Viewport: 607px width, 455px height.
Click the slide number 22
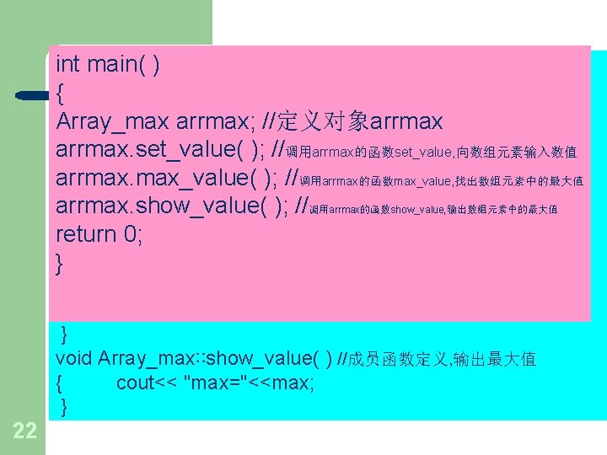point(25,431)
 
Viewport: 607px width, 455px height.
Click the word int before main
point(67,64)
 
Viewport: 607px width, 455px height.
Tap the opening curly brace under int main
point(61,93)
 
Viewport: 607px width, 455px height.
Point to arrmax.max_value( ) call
point(165,179)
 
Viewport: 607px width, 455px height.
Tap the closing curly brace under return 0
point(60,264)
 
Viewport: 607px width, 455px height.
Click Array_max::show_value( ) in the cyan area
point(215,358)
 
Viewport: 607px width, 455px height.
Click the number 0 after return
point(132,234)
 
